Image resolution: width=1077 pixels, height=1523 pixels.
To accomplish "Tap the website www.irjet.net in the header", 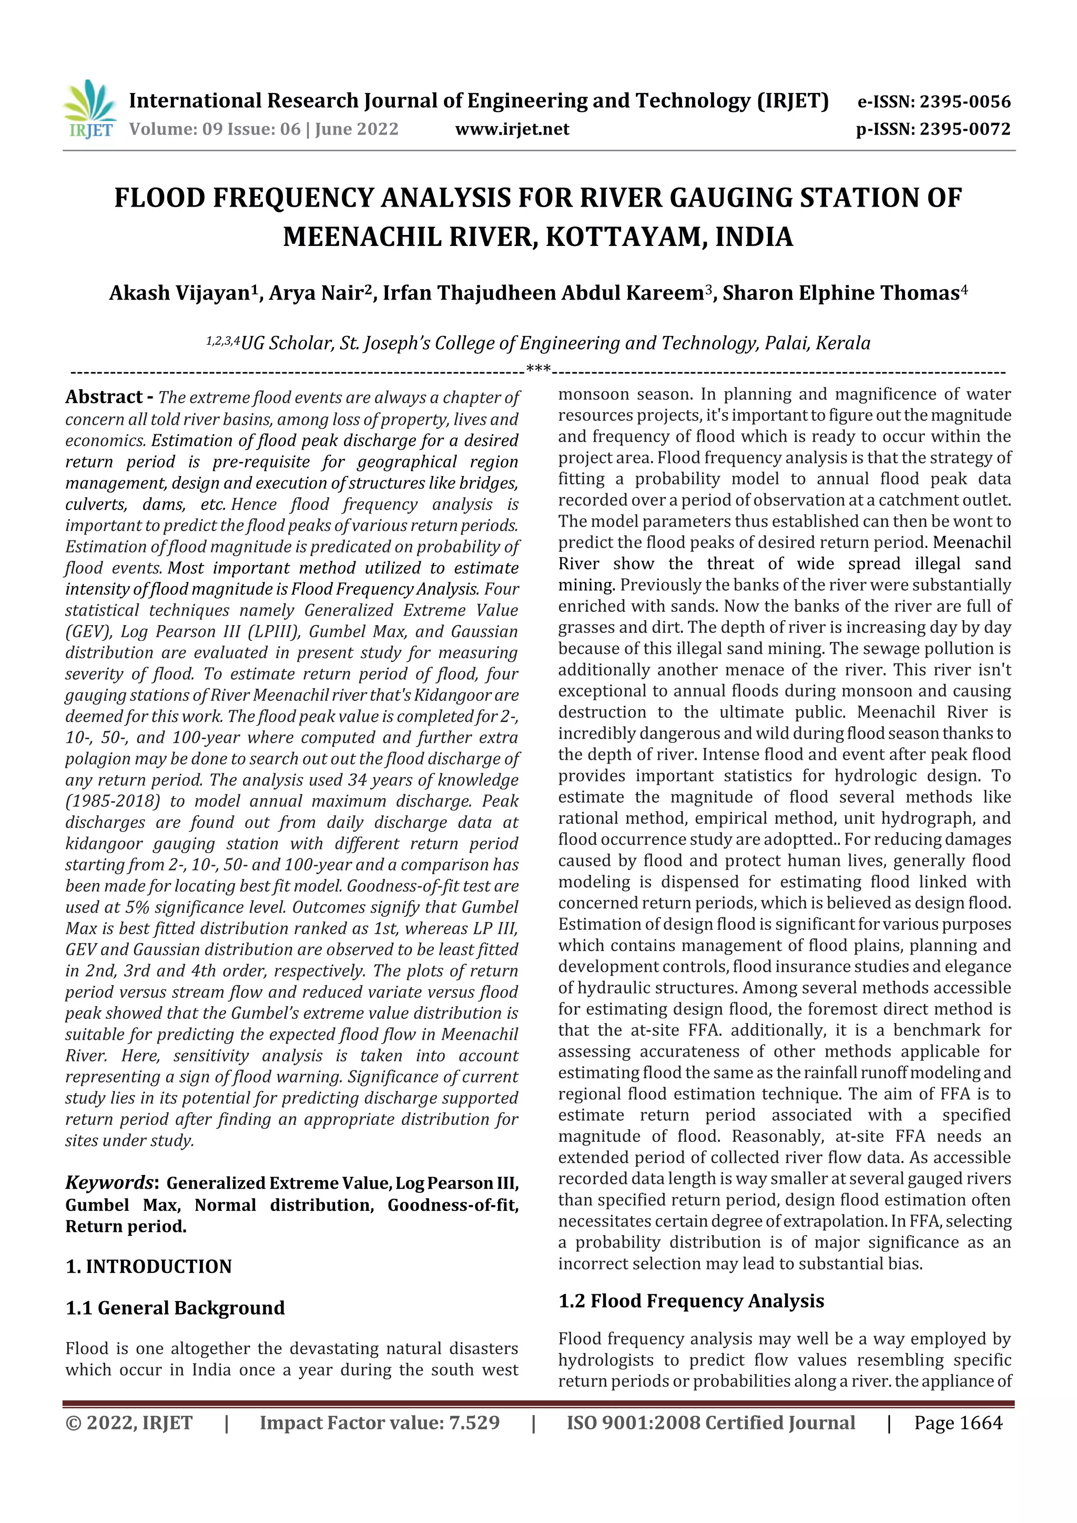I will (x=512, y=129).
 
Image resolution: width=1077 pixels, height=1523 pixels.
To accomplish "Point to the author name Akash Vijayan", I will (x=179, y=293).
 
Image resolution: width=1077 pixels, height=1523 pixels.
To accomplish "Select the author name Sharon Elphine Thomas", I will (x=841, y=293).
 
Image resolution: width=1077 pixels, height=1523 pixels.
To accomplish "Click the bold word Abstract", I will (x=104, y=397).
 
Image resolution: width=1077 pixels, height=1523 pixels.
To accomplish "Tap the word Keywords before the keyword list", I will (x=110, y=1183).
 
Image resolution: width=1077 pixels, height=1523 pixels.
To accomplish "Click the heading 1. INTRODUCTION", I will (x=149, y=1266).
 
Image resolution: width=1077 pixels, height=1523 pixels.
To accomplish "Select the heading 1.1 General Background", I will (x=175, y=1308).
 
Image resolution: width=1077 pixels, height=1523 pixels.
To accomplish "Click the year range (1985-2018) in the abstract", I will (x=113, y=801).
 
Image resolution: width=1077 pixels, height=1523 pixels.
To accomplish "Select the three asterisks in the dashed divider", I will (x=538, y=367).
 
